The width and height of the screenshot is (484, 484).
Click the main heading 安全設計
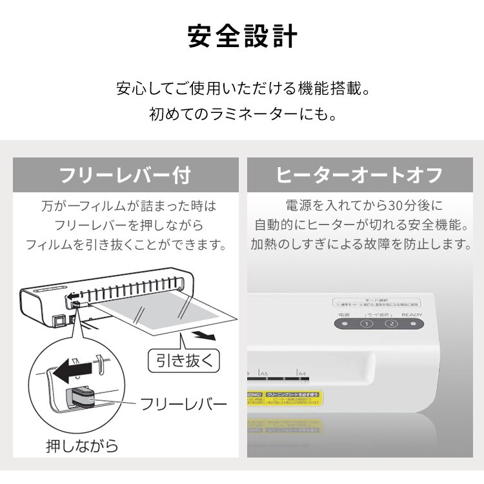coord(242,37)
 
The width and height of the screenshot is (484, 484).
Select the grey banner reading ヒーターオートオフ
coord(359,175)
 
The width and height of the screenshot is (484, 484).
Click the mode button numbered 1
coord(366,325)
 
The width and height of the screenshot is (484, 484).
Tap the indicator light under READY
coord(411,325)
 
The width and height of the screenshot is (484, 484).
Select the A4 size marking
coord(301,373)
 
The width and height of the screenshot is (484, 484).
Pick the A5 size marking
coord(263,373)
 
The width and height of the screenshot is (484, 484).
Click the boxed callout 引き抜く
coord(184,359)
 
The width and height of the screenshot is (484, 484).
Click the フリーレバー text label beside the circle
coord(183,405)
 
